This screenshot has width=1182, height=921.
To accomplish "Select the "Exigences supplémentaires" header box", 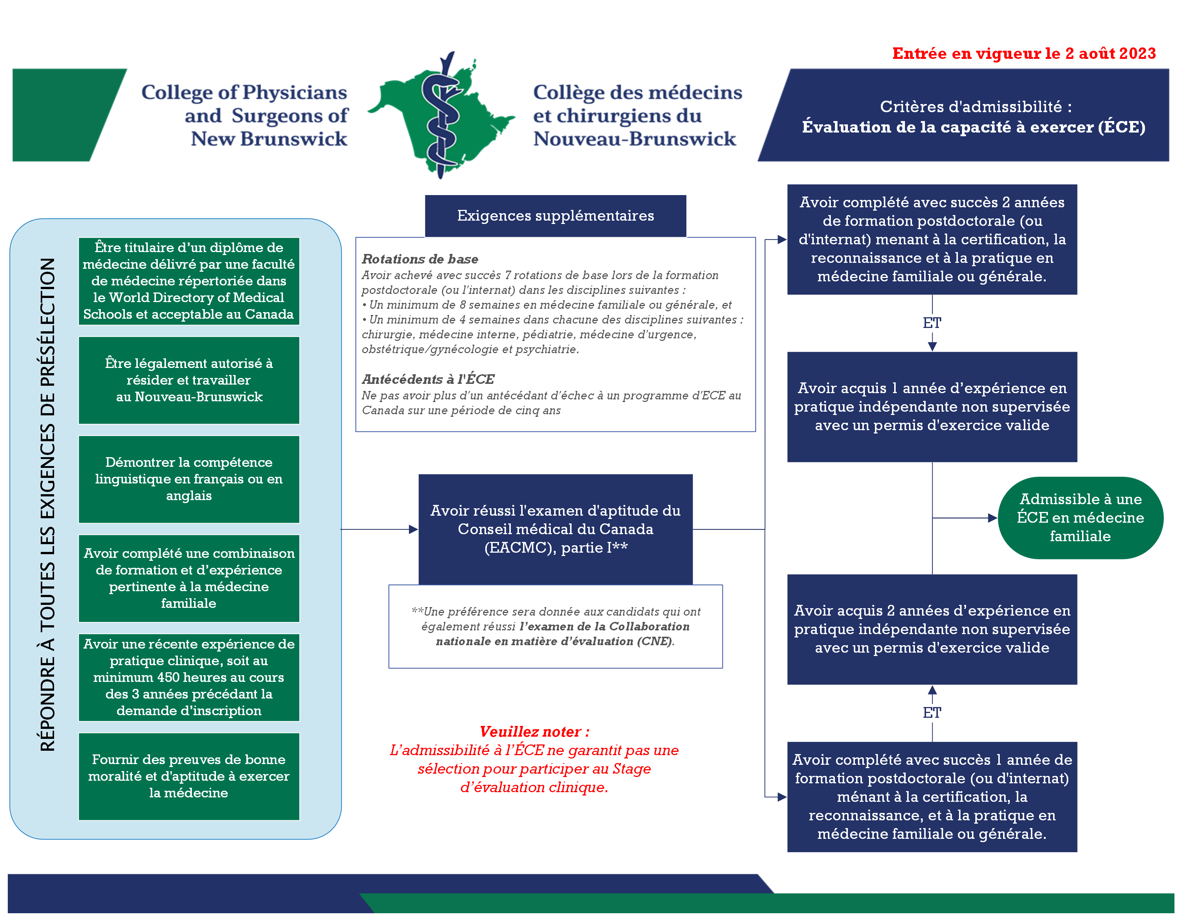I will pyautogui.click(x=555, y=216).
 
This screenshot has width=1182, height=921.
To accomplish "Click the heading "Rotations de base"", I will pyautogui.click(x=420, y=259).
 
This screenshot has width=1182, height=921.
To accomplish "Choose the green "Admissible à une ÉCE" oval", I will pyautogui.click(x=1080, y=518).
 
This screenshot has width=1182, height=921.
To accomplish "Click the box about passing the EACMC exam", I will pyautogui.click(x=555, y=529).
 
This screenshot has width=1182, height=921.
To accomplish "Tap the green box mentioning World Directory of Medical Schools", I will pyautogui.click(x=189, y=281).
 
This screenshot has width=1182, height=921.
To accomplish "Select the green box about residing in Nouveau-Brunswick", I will pyautogui.click(x=189, y=380).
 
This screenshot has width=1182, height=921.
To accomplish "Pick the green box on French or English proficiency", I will pyautogui.click(x=189, y=479).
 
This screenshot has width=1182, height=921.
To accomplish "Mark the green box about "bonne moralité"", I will pyautogui.click(x=189, y=776).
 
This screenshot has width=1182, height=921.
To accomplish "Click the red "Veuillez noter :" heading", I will pyautogui.click(x=534, y=732).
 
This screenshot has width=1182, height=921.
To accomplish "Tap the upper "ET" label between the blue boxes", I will pyautogui.click(x=932, y=323).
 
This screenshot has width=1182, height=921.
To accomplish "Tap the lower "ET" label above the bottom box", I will pyautogui.click(x=932, y=713).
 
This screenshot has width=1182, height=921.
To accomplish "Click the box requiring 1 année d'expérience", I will pyautogui.click(x=932, y=407).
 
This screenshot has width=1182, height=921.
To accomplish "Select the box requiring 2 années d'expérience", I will pyautogui.click(x=932, y=629).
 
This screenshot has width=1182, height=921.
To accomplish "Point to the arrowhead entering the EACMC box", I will pyautogui.click(x=413, y=529).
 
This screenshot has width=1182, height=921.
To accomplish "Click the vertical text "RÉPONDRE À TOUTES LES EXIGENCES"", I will pyautogui.click(x=48, y=504).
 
